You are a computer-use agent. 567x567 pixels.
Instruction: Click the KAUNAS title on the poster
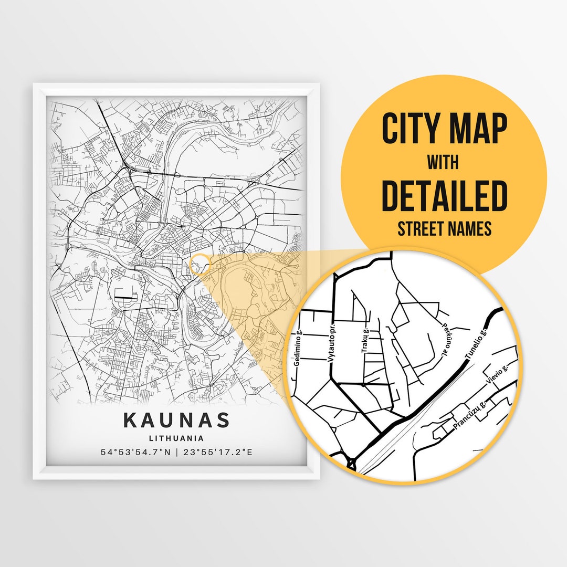[177, 420]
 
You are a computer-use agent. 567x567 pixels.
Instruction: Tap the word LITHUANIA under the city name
[176, 438]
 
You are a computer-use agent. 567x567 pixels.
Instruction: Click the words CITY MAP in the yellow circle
[444, 129]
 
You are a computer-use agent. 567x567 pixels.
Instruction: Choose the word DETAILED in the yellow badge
[444, 195]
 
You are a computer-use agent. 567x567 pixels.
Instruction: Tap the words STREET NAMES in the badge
[444, 229]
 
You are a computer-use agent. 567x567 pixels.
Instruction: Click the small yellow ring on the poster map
[198, 264]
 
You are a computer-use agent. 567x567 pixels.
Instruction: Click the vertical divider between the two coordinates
[177, 451]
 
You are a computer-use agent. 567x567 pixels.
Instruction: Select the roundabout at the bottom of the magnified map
[351, 462]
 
